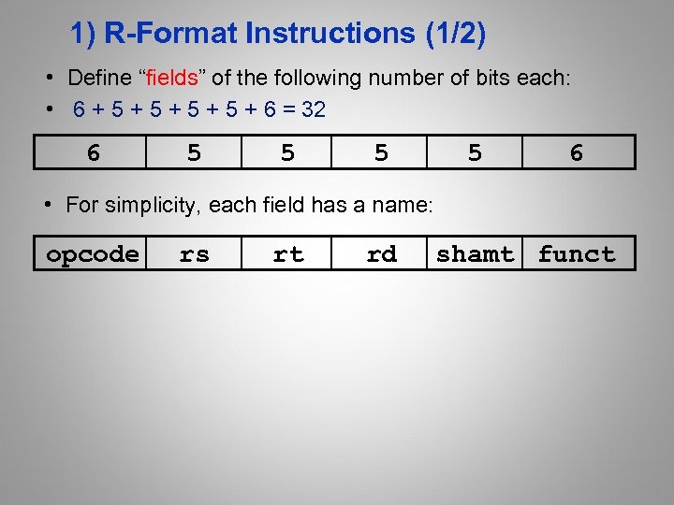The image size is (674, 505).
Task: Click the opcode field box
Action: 92,253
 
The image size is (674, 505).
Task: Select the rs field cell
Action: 194,253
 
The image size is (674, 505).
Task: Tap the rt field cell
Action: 287,253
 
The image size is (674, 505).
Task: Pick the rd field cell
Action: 381,253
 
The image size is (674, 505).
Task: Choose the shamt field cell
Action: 475,253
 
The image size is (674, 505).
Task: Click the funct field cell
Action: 577,253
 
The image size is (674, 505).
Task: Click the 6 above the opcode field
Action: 93,152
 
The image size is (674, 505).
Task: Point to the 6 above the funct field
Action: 577,152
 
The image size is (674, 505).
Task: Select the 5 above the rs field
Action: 194,152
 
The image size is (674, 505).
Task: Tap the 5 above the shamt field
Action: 475,152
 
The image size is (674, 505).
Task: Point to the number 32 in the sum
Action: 314,110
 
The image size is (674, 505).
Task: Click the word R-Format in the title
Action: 170,35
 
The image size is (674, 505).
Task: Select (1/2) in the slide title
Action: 455,35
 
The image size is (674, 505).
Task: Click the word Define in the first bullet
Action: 98,78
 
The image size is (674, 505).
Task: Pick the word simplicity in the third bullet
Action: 152,205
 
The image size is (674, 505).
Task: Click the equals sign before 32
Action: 286,110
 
